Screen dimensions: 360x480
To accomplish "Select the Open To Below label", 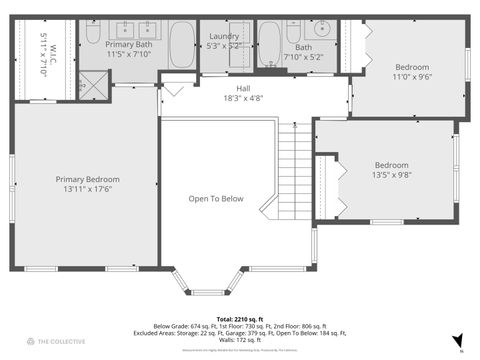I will tap(216, 198).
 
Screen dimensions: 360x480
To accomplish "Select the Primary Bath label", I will tap(130, 45).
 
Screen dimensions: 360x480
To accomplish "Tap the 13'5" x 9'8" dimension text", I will tap(391, 175).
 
